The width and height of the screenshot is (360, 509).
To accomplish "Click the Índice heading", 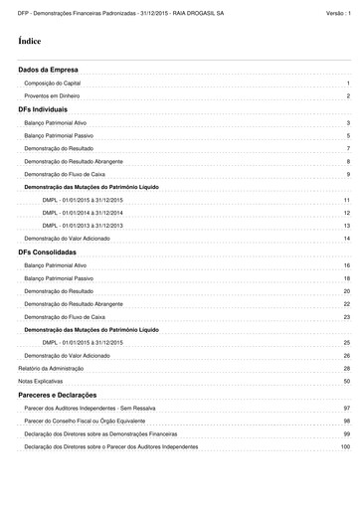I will [29, 43].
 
